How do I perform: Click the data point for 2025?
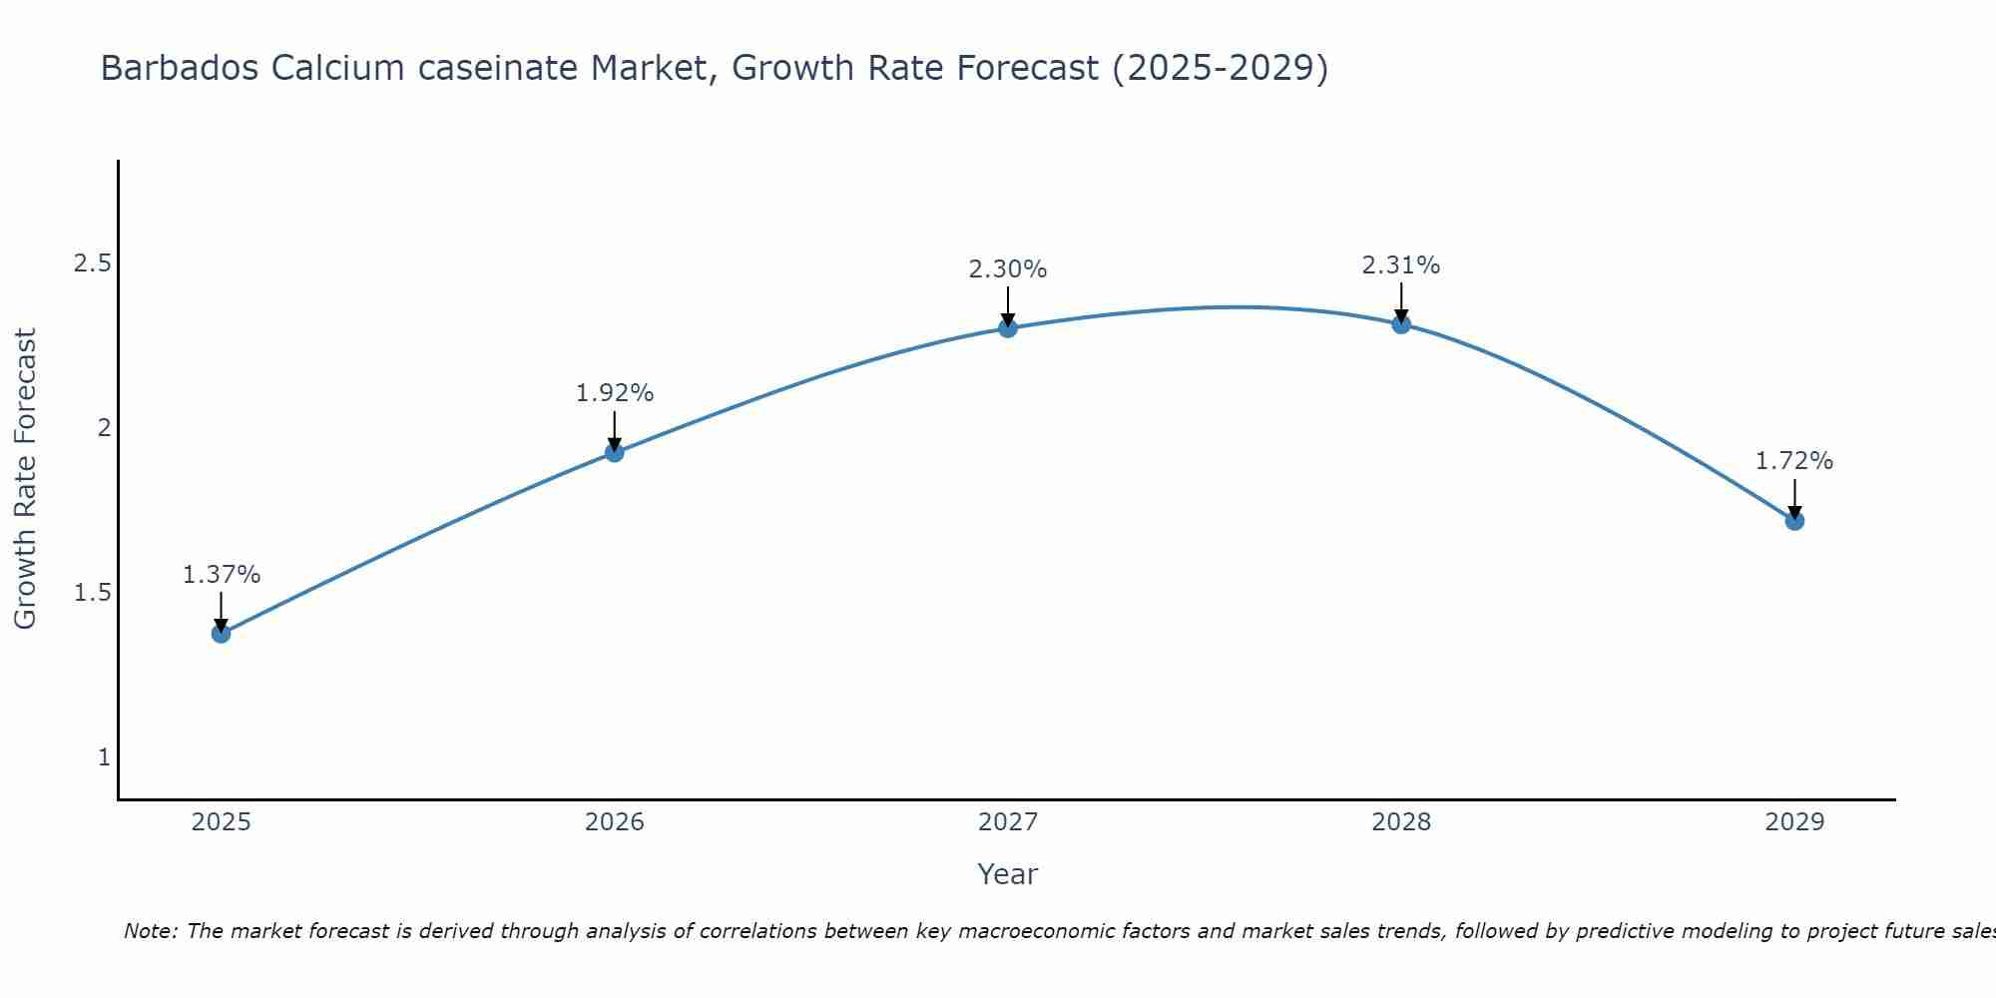(222, 633)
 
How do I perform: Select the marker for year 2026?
(615, 452)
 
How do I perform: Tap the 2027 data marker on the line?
(1008, 327)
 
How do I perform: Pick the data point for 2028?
(1401, 323)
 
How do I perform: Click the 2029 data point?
(1794, 520)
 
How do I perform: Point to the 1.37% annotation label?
(222, 575)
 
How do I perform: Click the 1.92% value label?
(615, 393)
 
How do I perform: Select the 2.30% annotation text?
(1008, 269)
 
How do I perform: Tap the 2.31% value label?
(1401, 265)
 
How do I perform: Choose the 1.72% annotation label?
(1794, 461)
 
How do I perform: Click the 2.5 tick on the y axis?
(92, 263)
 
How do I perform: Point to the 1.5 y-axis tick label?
(92, 593)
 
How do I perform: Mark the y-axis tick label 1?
(104, 757)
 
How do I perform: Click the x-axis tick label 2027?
(1008, 822)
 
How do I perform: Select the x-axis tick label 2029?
(1794, 822)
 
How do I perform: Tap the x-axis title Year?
(1008, 874)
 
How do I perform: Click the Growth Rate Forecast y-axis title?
(26, 479)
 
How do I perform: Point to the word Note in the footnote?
(150, 931)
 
